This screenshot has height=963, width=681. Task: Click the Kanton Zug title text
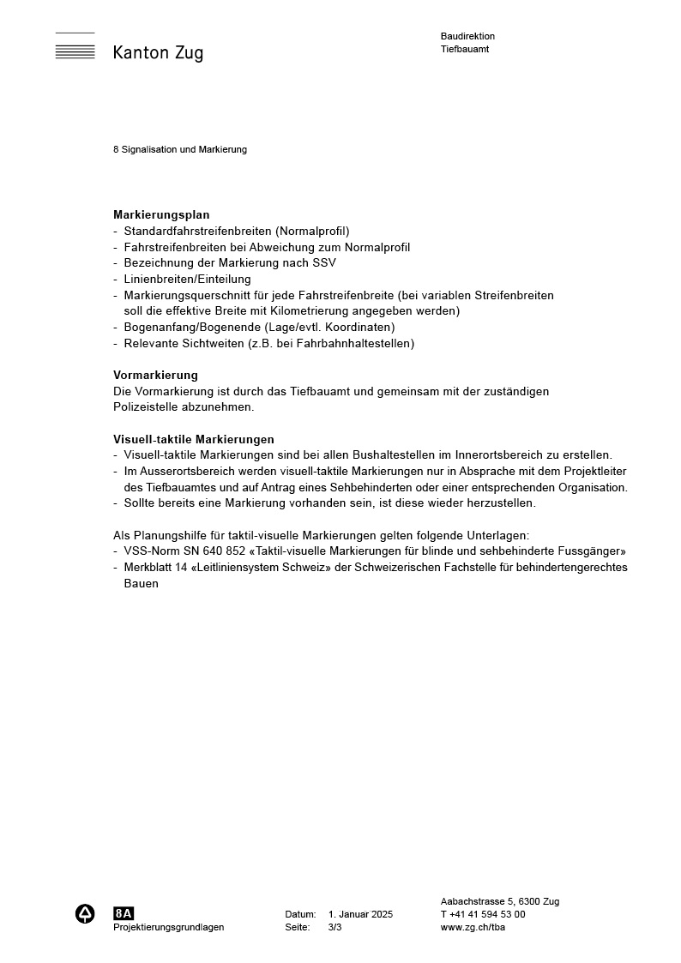pyautogui.click(x=158, y=53)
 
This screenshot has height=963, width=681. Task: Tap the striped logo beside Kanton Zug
pyautogui.click(x=75, y=46)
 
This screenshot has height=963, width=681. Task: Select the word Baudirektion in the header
pyautogui.click(x=467, y=36)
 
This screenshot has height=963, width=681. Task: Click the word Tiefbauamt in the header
pyautogui.click(x=465, y=49)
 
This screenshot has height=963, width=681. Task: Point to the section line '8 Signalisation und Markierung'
pyautogui.click(x=180, y=149)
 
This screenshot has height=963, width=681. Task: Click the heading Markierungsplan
pyautogui.click(x=161, y=215)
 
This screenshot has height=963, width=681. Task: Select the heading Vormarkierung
pyautogui.click(x=155, y=375)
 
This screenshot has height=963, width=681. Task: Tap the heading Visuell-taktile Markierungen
pyautogui.click(x=194, y=439)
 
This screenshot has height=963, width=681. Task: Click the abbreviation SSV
pyautogui.click(x=323, y=263)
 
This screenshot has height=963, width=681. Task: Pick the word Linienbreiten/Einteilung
pyautogui.click(x=187, y=279)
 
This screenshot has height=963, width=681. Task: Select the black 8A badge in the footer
pyautogui.click(x=124, y=913)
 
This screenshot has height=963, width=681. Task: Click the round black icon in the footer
pyautogui.click(x=85, y=914)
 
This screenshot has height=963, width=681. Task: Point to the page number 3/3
pyautogui.click(x=334, y=927)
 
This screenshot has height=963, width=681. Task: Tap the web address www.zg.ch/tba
pyautogui.click(x=473, y=927)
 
